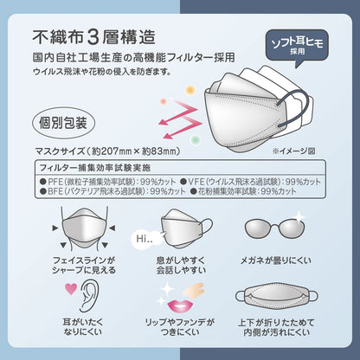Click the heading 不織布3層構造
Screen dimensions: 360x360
point(94,37)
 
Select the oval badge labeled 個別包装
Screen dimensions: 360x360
point(63,123)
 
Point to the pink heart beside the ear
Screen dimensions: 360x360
point(71,288)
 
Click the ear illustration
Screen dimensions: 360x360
point(90,296)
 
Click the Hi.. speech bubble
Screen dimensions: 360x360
point(145,238)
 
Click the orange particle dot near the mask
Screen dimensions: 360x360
point(190,90)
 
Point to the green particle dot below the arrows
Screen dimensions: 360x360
point(196,140)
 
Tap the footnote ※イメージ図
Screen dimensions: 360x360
point(293,151)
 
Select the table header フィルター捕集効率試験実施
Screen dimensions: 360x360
point(95,168)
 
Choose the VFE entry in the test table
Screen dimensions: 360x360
point(250,182)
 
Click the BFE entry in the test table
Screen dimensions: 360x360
point(112,191)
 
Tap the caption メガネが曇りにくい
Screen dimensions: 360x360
point(276,260)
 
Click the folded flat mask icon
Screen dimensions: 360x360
point(276,297)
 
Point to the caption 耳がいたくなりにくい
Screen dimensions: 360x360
point(83,326)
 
